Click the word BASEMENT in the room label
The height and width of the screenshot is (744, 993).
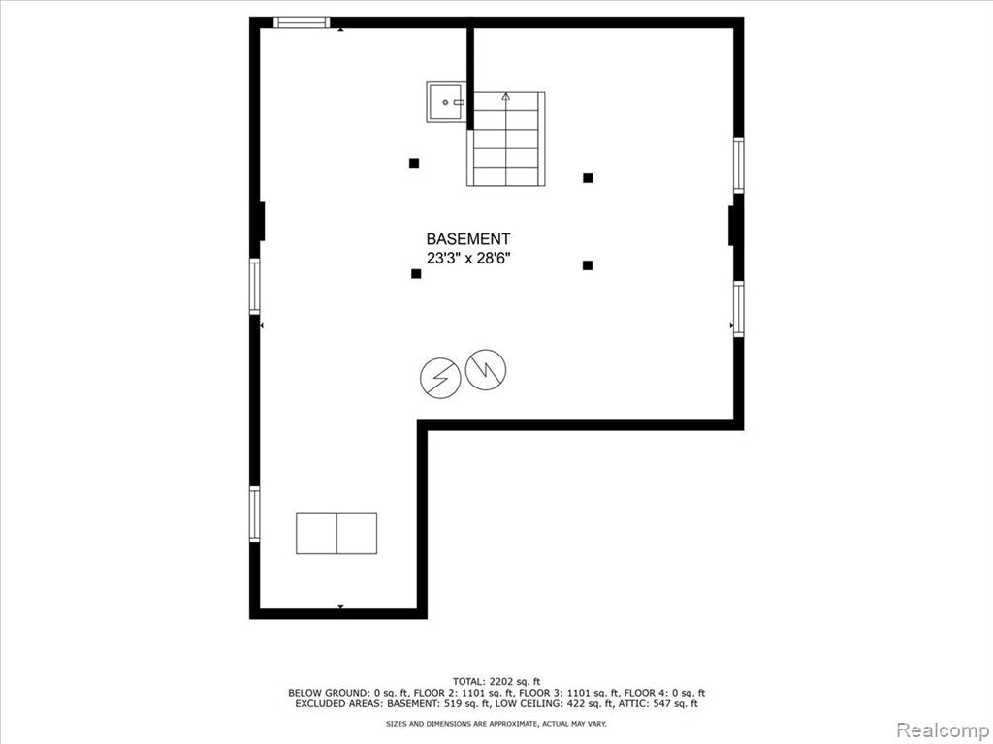coord(468,239)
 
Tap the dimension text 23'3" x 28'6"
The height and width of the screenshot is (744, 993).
coord(468,258)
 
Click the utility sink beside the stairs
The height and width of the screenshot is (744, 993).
coord(446,102)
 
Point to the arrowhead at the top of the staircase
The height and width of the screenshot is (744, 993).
coord(505,97)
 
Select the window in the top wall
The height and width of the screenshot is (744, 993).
coord(303,23)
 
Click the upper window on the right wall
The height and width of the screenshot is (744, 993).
coord(738,165)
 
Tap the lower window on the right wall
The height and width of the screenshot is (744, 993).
coord(738,309)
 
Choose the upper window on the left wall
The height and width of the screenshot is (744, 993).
coord(255,286)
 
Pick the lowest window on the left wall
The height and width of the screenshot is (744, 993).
coord(255,513)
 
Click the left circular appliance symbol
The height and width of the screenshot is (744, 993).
coord(440,378)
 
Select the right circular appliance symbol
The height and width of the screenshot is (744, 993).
coord(486,369)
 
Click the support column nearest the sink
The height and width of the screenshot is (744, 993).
coord(414,163)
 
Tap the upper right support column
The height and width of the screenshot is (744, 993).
coord(588,178)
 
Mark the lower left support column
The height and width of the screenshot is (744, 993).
coord(416,274)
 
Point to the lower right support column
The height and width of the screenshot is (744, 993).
coord(588,265)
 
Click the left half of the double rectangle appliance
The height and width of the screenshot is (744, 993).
coord(317,534)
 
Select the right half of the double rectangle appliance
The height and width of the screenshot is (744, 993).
coord(357,534)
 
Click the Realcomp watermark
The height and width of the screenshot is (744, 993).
coord(943,730)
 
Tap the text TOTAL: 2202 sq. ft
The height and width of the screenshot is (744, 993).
coord(496,682)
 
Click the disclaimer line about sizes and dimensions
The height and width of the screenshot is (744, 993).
coord(496,723)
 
